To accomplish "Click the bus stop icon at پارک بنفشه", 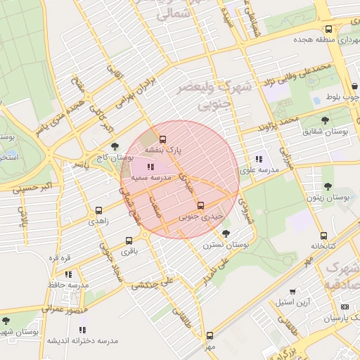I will (x=163, y=139).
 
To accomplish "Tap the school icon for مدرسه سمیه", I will (x=150, y=167).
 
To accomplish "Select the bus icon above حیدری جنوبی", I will (x=201, y=205).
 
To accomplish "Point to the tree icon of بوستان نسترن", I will (x=225, y=233).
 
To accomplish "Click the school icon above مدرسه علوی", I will (x=259, y=159).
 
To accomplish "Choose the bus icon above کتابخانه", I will (x=323, y=236).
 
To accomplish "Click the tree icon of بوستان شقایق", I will (x=325, y=120).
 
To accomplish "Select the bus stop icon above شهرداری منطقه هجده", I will (x=329, y=30).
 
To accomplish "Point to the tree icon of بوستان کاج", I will (x=115, y=147).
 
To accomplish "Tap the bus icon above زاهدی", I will (x=98, y=210).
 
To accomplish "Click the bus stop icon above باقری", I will (x=129, y=240).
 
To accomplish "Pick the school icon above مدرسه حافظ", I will (x=68, y=274).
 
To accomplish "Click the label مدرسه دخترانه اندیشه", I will (x=82, y=341).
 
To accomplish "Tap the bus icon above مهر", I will (x=210, y=335).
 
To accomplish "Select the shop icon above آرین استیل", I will (x=292, y=291).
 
